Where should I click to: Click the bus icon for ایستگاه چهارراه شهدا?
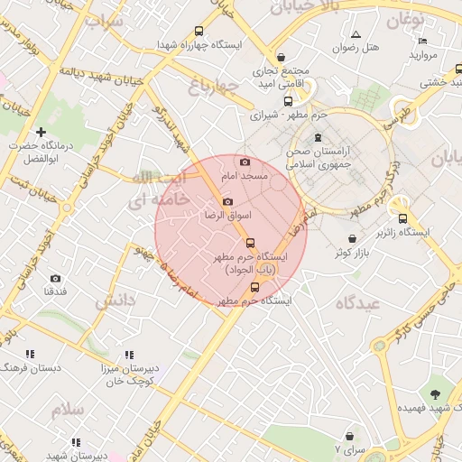pos(223,31)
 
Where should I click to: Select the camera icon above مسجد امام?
pos(245,162)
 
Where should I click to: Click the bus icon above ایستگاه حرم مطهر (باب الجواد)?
pos(249,242)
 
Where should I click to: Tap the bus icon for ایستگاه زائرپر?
pos(402,217)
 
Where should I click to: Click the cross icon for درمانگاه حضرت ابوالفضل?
pos(41,133)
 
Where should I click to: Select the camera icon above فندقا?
pos(55,279)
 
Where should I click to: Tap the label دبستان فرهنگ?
pos(32,368)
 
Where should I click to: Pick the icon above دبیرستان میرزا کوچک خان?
pos(129,356)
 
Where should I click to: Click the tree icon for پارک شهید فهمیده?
pos(436,393)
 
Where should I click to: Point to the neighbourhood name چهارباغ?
pos(213,88)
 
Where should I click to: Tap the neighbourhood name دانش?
pos(115,299)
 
